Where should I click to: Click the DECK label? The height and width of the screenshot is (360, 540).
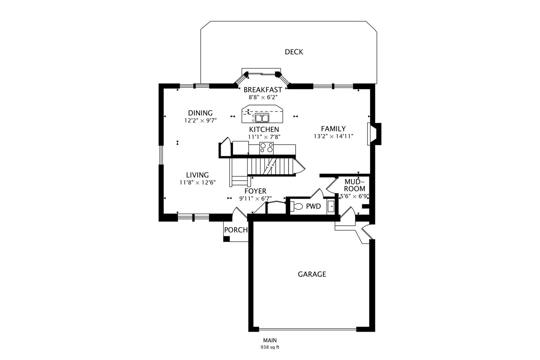[x=294, y=52]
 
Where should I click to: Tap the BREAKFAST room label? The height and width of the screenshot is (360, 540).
[x=263, y=90]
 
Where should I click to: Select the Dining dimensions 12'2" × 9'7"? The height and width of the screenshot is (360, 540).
[x=200, y=121]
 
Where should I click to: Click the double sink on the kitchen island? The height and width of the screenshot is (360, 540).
[x=262, y=118]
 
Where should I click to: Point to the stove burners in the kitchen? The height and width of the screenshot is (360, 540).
[x=266, y=148]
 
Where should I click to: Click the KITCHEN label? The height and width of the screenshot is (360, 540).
[x=264, y=129]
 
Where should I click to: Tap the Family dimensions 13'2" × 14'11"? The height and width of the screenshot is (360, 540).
[x=333, y=136]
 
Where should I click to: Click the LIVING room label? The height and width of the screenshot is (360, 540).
[x=197, y=175]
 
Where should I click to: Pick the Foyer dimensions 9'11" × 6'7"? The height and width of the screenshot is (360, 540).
[x=255, y=199]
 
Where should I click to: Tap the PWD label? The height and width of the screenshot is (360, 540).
[x=313, y=207]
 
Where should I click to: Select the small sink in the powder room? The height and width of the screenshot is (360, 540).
[x=331, y=207]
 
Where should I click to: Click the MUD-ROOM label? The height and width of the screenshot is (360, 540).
[x=354, y=185]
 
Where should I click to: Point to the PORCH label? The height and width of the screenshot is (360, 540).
[x=236, y=230]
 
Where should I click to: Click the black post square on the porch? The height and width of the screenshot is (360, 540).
[x=226, y=239]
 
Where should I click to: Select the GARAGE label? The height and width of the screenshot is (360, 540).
[x=312, y=274]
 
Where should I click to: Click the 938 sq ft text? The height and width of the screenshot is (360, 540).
[x=270, y=347]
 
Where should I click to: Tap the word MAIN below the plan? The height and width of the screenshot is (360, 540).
[x=270, y=341]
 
